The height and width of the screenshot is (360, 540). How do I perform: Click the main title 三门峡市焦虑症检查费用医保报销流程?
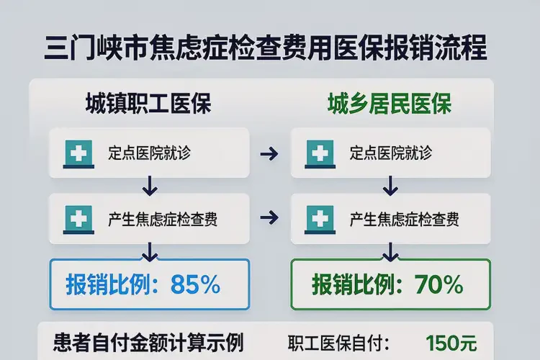point(265,49)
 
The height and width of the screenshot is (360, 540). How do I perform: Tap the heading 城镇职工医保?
point(148,104)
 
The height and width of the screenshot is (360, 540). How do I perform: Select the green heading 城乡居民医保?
point(390,104)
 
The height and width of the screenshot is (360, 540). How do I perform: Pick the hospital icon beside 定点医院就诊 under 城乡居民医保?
point(319,153)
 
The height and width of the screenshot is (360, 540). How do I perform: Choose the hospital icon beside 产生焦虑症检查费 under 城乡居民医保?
point(319,218)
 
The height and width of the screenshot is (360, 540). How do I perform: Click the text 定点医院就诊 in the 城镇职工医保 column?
point(150,153)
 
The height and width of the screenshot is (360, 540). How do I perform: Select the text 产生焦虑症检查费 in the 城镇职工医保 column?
point(163,218)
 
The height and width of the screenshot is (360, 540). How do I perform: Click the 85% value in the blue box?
point(195,285)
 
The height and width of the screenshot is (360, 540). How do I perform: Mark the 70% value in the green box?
point(439,285)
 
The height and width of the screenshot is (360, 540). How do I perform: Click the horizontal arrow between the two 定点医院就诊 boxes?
point(269,153)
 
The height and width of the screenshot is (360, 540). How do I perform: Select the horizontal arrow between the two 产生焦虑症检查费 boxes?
point(269,217)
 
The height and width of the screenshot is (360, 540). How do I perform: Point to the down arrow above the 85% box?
point(150,250)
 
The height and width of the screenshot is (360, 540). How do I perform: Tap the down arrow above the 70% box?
point(390,250)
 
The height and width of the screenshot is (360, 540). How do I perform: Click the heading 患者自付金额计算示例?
point(149,341)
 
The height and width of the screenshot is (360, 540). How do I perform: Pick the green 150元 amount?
point(451,343)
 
